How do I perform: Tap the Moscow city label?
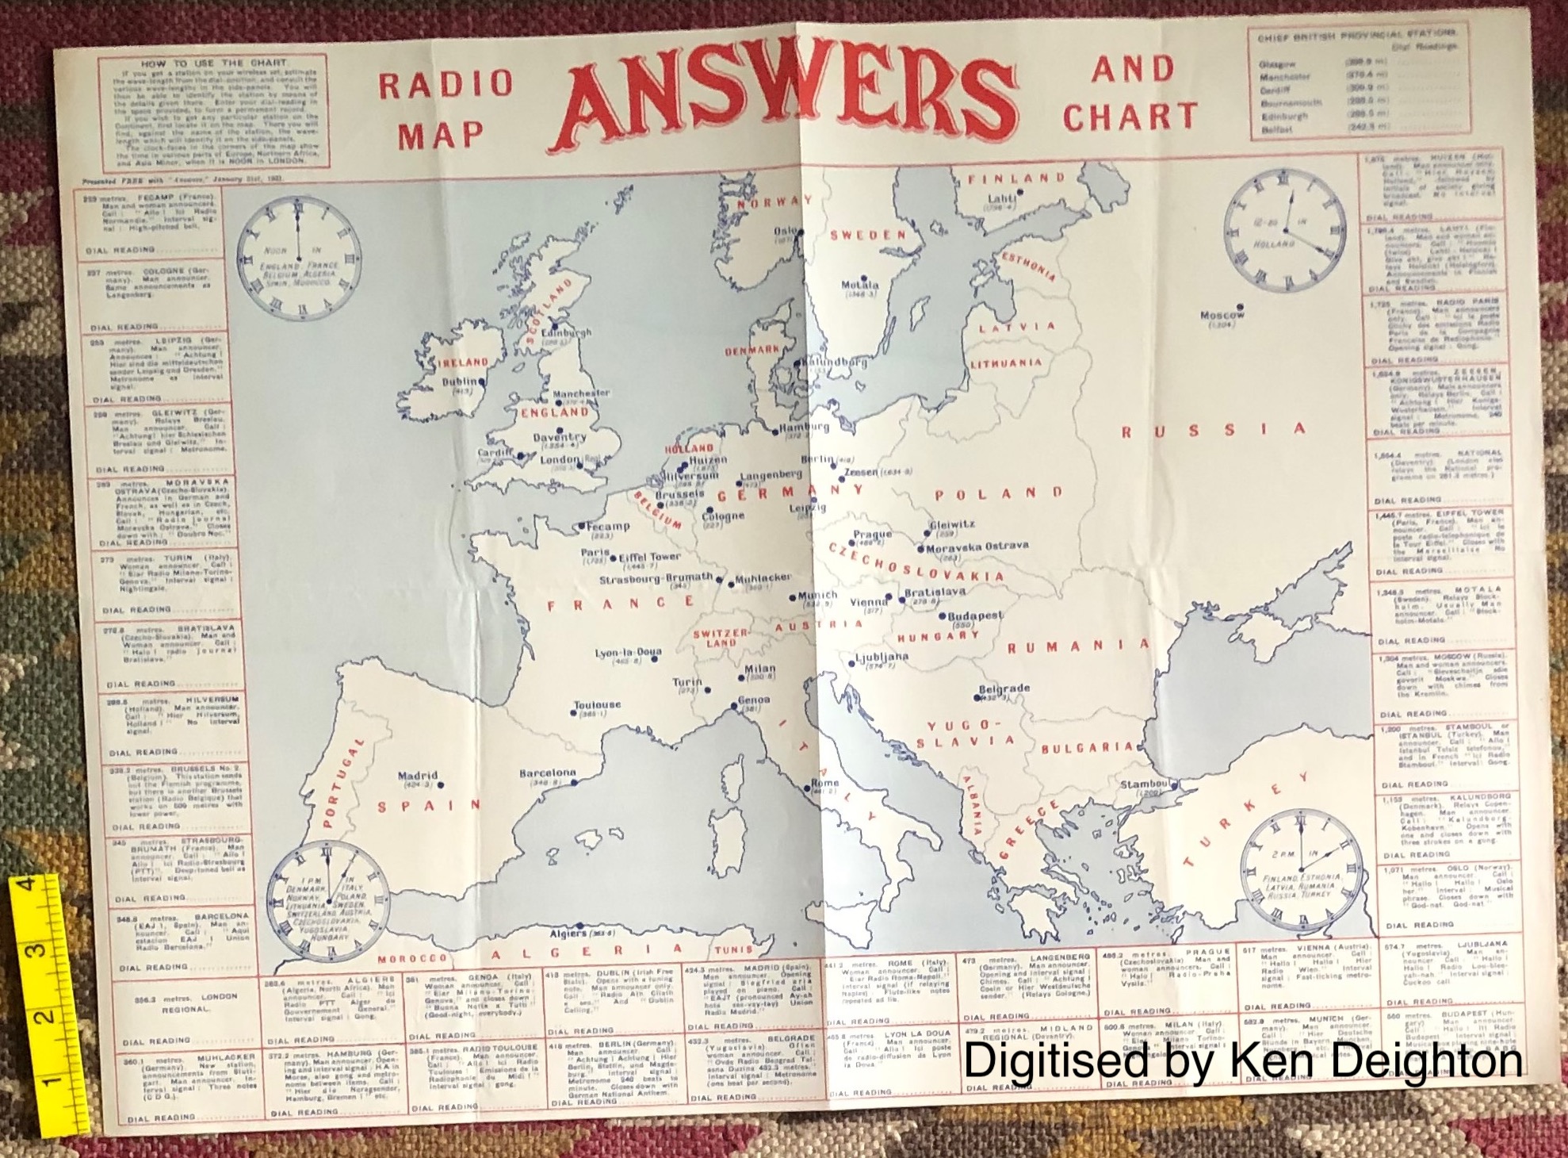[1221, 315]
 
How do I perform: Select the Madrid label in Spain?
[418, 776]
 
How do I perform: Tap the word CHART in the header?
[1129, 117]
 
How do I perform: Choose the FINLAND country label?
[1016, 178]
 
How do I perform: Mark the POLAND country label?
[998, 493]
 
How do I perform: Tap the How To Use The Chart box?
[214, 111]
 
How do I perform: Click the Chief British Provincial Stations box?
[1358, 81]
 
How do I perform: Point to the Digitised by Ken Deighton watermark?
[1241, 1060]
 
